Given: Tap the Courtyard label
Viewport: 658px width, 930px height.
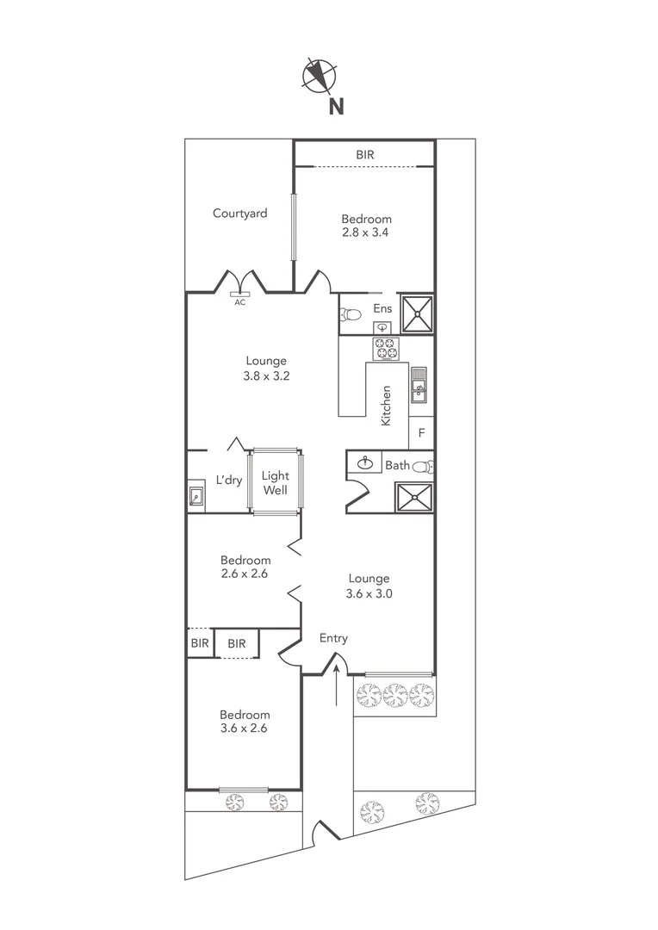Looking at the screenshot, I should pyautogui.click(x=239, y=214).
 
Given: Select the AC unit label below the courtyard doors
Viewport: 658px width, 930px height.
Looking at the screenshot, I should pyautogui.click(x=239, y=302).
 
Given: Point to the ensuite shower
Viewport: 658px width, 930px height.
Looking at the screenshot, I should pyautogui.click(x=419, y=313).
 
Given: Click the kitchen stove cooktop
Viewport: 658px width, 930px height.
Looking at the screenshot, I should pyautogui.click(x=384, y=349).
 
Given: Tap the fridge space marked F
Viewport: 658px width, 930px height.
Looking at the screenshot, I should pyautogui.click(x=421, y=432).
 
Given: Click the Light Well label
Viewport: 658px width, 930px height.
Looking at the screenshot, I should pyautogui.click(x=275, y=483).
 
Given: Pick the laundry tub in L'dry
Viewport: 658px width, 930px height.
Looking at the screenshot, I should pyautogui.click(x=196, y=496).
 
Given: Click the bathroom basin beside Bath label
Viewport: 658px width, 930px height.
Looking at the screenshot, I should pyautogui.click(x=366, y=463).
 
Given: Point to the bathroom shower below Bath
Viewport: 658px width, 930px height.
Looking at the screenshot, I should pyautogui.click(x=413, y=498).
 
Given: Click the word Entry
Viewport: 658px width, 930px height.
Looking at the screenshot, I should pyautogui.click(x=333, y=638).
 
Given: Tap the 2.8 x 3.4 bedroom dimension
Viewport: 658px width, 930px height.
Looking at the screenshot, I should pyautogui.click(x=366, y=232).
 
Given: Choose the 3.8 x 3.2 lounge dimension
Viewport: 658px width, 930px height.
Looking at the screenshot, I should pyautogui.click(x=265, y=376).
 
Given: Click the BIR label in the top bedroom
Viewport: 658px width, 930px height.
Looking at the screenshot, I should pyautogui.click(x=365, y=155).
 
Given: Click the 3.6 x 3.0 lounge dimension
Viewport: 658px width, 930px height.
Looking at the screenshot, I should pyautogui.click(x=369, y=593).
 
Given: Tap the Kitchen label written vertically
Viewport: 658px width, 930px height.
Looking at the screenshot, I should pyautogui.click(x=386, y=405).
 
